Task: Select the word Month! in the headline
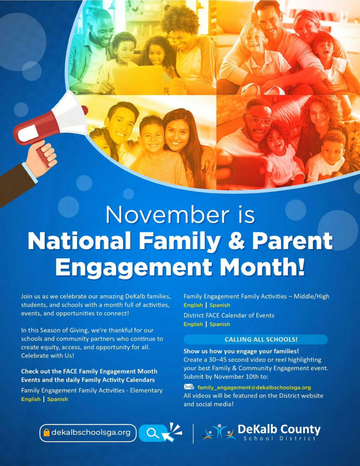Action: [269, 267]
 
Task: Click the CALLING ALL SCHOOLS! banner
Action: [255, 339]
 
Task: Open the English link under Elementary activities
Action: [30, 399]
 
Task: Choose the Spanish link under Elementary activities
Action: [57, 399]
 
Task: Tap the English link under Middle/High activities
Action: [193, 305]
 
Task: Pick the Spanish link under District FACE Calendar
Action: [220, 324]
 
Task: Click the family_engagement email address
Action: [254, 387]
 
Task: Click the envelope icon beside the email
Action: [189, 387]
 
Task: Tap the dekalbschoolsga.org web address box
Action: [88, 432]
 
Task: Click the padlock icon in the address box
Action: [46, 433]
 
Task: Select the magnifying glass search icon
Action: [153, 433]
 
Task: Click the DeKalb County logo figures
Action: [219, 432]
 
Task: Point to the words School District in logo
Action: [279, 439]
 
